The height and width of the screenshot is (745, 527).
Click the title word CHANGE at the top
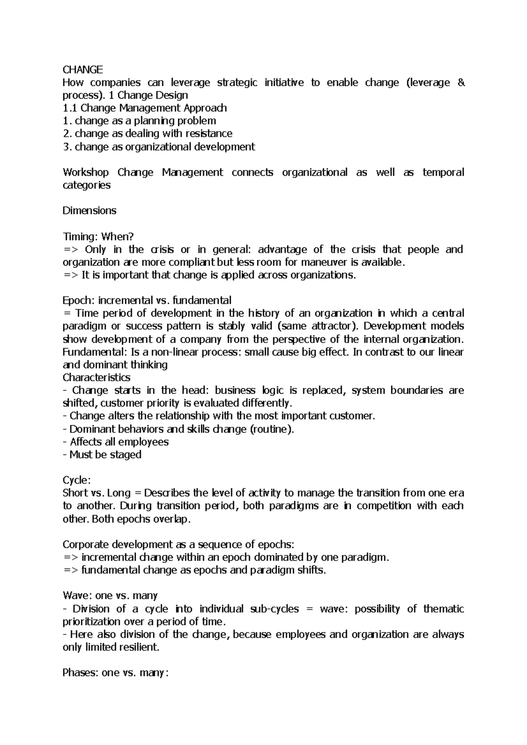click(x=83, y=69)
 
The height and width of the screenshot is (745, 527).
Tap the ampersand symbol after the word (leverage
click(x=461, y=82)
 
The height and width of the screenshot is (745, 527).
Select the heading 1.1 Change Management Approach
click(x=145, y=108)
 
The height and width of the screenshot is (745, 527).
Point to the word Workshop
click(x=86, y=172)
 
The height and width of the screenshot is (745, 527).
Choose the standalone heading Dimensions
click(x=89, y=211)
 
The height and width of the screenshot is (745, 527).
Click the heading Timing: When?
click(x=98, y=236)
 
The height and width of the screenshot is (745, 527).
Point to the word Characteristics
click(x=96, y=377)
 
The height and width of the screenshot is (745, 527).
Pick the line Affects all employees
click(x=116, y=442)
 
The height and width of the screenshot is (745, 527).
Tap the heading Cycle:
click(x=76, y=480)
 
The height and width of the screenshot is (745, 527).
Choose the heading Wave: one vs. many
click(x=110, y=596)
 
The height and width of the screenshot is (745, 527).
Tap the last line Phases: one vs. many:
click(x=115, y=673)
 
